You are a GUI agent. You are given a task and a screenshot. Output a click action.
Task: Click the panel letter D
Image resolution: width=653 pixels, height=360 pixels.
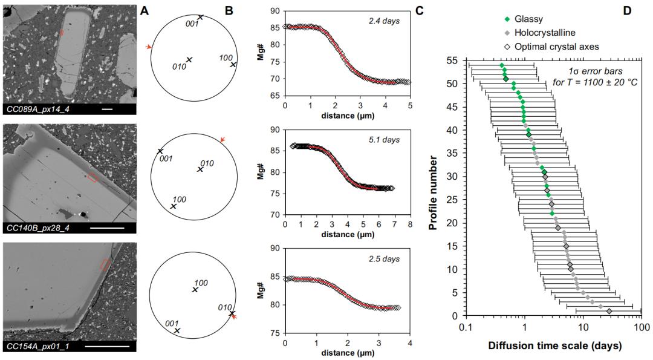click(628, 10)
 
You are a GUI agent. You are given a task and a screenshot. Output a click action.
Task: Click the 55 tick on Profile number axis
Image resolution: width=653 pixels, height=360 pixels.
click(454, 61)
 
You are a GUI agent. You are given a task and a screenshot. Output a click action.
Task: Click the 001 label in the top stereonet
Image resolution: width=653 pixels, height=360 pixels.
click(192, 24)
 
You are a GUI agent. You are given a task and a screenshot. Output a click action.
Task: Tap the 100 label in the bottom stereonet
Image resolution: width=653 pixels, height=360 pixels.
click(201, 283)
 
